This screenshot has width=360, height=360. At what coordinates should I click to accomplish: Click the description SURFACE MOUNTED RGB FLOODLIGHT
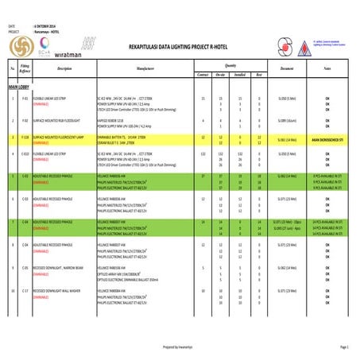click(x=64, y=121)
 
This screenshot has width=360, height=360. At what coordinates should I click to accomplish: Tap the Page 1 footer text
click(x=344, y=347)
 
